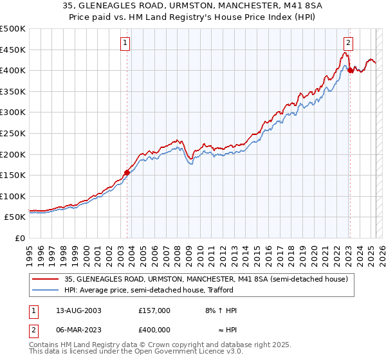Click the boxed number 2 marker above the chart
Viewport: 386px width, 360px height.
348,44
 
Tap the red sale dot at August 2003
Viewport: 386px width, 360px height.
127,172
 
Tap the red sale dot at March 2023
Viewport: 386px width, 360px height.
350,70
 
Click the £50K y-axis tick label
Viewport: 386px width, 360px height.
15,217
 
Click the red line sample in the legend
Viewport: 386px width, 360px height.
45,279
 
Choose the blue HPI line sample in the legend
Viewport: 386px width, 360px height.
45,290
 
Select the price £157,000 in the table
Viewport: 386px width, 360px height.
154,310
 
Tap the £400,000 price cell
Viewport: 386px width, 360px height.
154,329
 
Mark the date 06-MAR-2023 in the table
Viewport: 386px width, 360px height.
76,329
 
